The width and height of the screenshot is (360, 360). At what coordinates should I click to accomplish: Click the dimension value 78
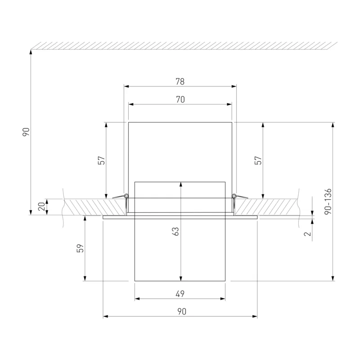(180, 81)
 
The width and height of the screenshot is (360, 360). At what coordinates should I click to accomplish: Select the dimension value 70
(180, 99)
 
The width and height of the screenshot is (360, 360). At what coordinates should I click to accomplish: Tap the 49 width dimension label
(180, 294)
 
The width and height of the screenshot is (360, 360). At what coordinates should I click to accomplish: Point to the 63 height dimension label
(175, 231)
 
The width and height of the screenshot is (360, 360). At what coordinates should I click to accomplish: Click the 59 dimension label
(80, 248)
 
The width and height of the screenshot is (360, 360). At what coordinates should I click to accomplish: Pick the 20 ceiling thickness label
(41, 207)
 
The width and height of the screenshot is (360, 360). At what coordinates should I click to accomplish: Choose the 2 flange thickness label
(307, 234)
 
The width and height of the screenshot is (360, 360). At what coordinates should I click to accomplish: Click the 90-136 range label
(328, 202)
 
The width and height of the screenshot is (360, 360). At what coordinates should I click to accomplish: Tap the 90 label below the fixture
(182, 311)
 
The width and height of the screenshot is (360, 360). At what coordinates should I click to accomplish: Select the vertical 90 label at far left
(26, 132)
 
